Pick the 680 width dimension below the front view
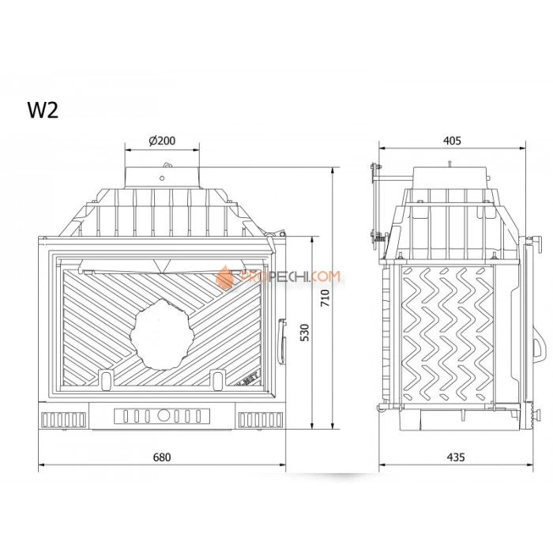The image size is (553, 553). click(160, 457)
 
